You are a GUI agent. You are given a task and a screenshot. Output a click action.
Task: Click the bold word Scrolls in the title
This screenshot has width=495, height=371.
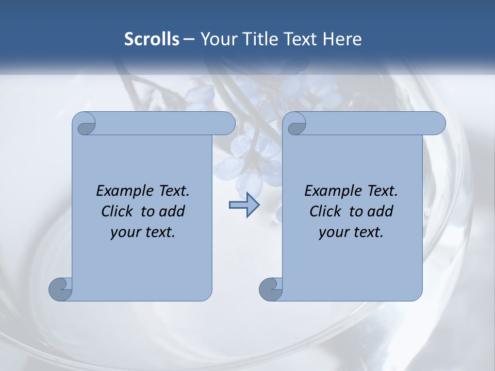[x=152, y=39]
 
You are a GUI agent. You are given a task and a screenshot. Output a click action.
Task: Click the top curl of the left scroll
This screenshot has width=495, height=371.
[x=85, y=124]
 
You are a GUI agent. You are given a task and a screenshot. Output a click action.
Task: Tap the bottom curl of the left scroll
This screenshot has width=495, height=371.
[x=60, y=289]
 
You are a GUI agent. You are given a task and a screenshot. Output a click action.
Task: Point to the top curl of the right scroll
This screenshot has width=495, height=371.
[x=295, y=124]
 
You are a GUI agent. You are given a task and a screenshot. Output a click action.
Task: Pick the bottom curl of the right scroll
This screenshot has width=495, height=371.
[x=271, y=289]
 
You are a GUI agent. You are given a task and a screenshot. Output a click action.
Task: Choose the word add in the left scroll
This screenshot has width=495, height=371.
[x=173, y=211]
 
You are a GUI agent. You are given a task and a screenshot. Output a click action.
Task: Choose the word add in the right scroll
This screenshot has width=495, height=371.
[x=381, y=211]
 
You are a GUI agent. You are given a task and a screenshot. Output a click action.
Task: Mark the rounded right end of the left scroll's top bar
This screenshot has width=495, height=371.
[x=227, y=124]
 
